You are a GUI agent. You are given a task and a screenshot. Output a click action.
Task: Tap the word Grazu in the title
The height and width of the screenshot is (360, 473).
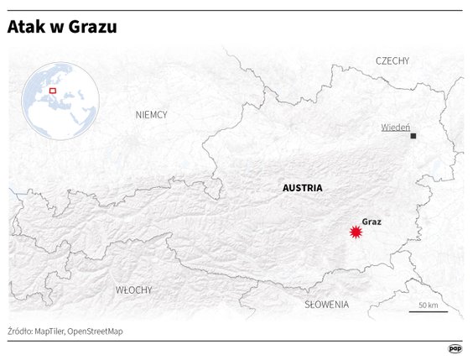pos(91,28)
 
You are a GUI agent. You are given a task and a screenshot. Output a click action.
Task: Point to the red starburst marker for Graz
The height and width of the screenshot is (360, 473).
pos(356,232)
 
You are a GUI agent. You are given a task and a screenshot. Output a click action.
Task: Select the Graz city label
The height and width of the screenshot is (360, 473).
pos(372,222)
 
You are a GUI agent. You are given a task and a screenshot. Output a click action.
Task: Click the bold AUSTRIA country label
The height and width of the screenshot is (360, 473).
pos(303,188)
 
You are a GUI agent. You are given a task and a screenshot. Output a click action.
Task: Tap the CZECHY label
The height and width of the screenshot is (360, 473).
pos(392,60)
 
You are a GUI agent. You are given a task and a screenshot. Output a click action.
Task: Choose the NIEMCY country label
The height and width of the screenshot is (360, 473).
pos(152,114)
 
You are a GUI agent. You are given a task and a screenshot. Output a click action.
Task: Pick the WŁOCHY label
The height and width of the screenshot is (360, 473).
pos(134,290)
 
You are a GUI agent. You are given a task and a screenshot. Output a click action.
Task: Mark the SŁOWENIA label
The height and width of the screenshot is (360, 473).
pos(327,304)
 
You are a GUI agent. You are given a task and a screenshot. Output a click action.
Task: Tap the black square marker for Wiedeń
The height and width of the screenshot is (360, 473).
pos(413,135)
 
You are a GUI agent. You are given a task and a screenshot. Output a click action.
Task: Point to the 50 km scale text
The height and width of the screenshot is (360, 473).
pos(429,305)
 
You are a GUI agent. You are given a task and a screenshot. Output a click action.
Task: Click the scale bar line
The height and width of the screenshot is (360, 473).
pos(428,312)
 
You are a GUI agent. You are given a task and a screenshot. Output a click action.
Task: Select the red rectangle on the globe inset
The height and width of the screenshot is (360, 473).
pos(52,90)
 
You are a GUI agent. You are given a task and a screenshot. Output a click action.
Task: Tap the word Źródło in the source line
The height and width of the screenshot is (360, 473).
pos(20,331)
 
